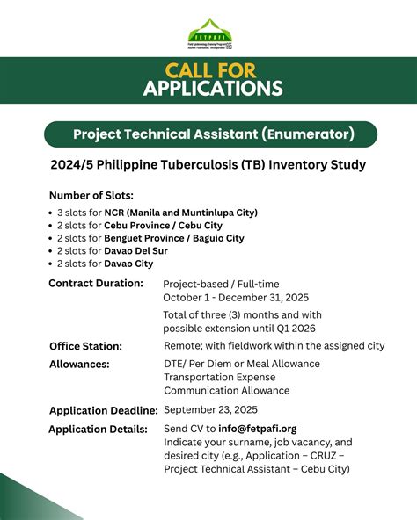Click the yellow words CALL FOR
pyautogui.click(x=208, y=69)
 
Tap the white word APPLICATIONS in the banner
pyautogui.click(x=208, y=88)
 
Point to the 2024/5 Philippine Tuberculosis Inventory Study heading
pyautogui.click(x=208, y=165)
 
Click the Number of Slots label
pyautogui.click(x=91, y=195)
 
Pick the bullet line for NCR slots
pyautogui.click(x=157, y=213)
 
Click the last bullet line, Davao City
pyautogui.click(x=105, y=264)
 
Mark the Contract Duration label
pyautogui.click(x=96, y=284)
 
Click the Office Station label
pyautogui.click(x=85, y=346)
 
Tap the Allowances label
pyautogui.click(x=79, y=364)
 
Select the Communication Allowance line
pyautogui.click(x=226, y=391)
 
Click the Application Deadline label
pyautogui.click(x=104, y=410)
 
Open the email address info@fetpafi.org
pyautogui.click(x=252, y=430)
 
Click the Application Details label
pyautogui.click(x=99, y=430)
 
